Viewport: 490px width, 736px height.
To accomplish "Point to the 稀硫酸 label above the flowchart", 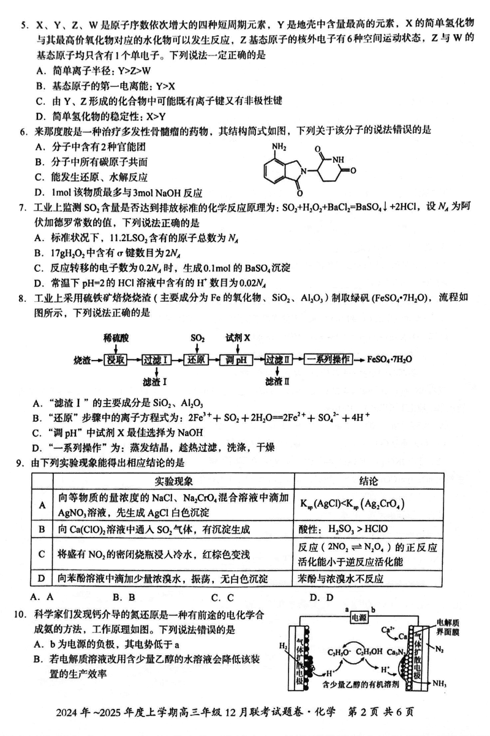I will point(115,338).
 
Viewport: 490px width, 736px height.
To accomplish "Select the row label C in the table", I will point(42,554).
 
